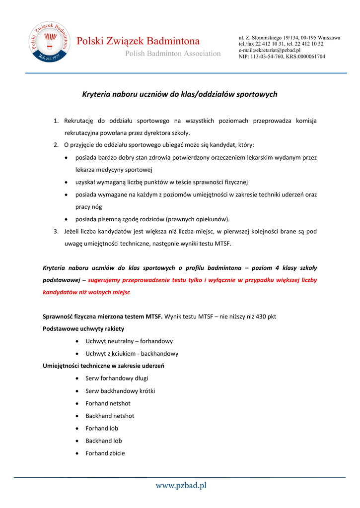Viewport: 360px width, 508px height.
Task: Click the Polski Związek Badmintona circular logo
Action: pyautogui.click(x=48, y=42)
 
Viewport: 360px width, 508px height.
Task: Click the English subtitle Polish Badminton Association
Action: pyautogui.click(x=172, y=54)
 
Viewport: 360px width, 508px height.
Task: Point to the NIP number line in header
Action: pyautogui.click(x=282, y=57)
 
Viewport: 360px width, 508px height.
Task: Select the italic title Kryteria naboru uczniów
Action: pyautogui.click(x=179, y=94)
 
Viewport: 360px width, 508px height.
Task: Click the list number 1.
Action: pyautogui.click(x=56, y=121)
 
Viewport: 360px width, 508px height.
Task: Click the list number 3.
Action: pyautogui.click(x=56, y=231)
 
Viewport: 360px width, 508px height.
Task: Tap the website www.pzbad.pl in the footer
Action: pyautogui.click(x=181, y=486)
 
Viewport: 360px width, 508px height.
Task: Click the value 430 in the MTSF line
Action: pyautogui.click(x=262, y=317)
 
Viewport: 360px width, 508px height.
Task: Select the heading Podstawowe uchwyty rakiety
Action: pyautogui.click(x=83, y=328)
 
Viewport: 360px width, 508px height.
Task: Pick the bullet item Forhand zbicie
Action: pyautogui.click(x=105, y=453)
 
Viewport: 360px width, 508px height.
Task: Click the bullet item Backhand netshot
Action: pyautogui.click(x=109, y=416)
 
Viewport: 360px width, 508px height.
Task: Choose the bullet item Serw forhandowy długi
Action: pyautogui.click(x=113, y=379)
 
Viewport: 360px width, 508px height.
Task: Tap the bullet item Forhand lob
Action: pyautogui.click(x=101, y=428)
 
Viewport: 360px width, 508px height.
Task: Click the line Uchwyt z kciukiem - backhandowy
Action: pyautogui.click(x=132, y=354)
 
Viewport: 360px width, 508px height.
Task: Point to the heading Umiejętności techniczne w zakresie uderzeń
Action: pyautogui.click(x=104, y=366)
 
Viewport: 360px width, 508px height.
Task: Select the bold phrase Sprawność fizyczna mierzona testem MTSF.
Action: pyautogui.click(x=103, y=317)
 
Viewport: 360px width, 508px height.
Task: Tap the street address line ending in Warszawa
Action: pyautogui.click(x=289, y=38)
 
